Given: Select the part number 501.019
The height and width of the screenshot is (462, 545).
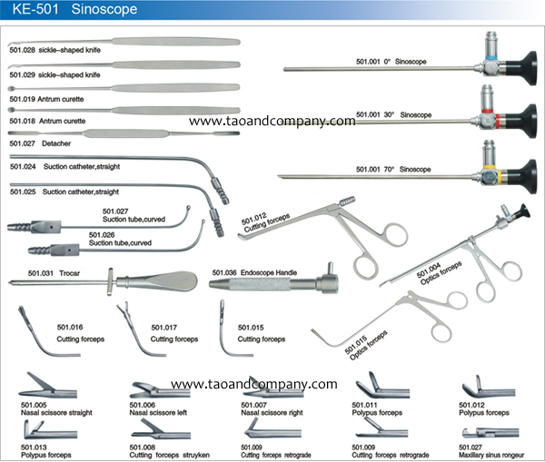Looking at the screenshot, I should pyautogui.click(x=24, y=94).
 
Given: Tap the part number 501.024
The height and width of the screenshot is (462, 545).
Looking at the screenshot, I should pyautogui.click(x=24, y=167).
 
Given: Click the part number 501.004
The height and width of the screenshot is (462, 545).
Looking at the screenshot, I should pyautogui.click(x=429, y=270).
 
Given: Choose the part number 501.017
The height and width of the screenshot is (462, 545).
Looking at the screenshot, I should pyautogui.click(x=165, y=327).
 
